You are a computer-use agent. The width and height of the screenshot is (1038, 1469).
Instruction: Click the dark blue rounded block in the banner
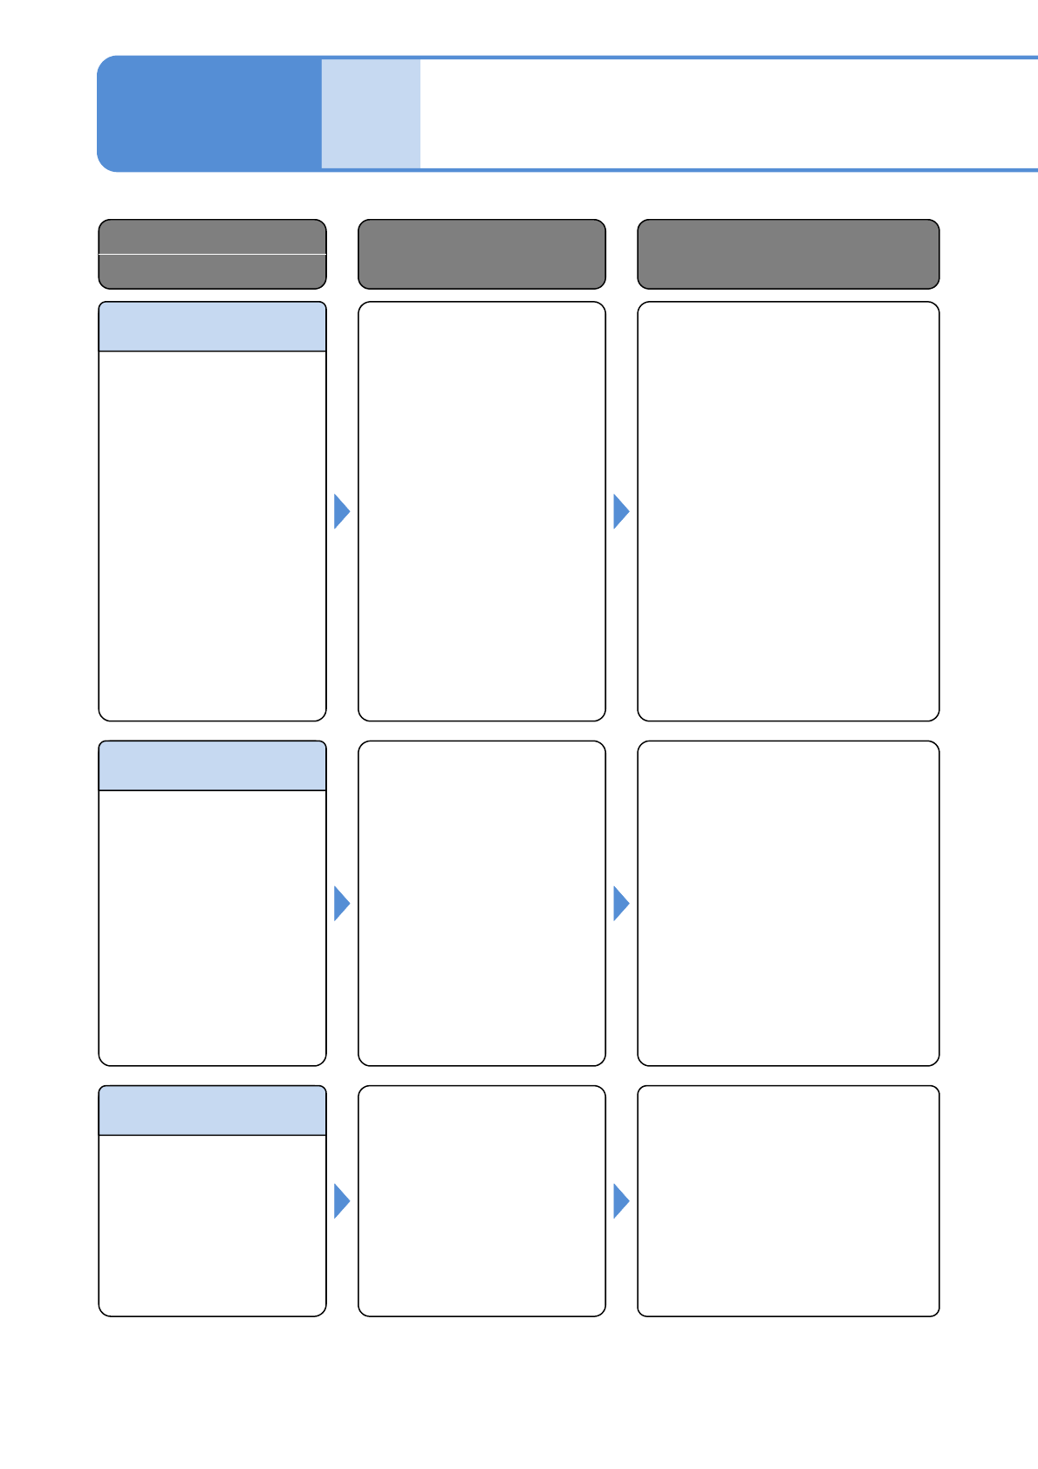pos(209,113)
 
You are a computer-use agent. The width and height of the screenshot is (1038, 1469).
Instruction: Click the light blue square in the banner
pos(371,113)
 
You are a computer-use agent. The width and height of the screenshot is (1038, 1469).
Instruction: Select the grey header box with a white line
pos(212,254)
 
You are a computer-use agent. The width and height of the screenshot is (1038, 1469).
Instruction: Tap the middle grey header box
pos(481,254)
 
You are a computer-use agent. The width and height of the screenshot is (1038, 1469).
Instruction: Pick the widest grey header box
pos(788,254)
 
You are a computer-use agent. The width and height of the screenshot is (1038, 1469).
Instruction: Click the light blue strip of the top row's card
pos(212,327)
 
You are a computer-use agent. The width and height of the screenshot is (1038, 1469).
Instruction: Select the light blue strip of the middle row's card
pos(212,766)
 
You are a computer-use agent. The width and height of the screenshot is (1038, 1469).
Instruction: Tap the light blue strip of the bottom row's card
pos(212,1110)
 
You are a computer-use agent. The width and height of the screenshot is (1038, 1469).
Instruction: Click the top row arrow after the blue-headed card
pos(341,511)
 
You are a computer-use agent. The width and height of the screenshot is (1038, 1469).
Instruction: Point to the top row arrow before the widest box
pos(620,511)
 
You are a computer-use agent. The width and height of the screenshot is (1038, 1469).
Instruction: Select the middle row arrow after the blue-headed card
pos(341,904)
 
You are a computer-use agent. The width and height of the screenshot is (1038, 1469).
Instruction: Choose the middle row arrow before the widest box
pos(620,904)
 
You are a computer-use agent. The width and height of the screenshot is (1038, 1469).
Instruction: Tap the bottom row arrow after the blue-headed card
pos(341,1201)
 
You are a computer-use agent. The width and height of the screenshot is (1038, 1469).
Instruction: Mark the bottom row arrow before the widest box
pos(620,1201)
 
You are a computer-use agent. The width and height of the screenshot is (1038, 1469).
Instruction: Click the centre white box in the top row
pos(481,511)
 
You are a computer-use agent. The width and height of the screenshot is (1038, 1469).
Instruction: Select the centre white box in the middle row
pos(481,903)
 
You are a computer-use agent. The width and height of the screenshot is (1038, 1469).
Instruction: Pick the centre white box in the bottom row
pos(481,1200)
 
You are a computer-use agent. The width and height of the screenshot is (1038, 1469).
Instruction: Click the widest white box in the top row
pos(788,511)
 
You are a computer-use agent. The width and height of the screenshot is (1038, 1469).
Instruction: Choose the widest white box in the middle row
pos(788,903)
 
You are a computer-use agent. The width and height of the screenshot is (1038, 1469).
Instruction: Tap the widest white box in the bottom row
pos(788,1200)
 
